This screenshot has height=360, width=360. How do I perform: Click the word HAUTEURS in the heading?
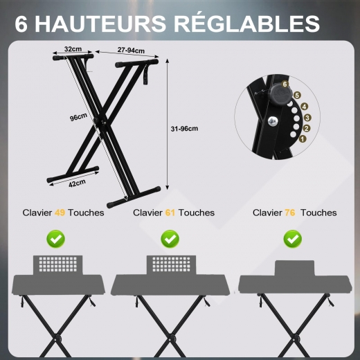coord(100,24)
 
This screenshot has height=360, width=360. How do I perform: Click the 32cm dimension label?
coord(73,49)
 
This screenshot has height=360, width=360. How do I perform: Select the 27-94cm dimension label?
coord(131,50)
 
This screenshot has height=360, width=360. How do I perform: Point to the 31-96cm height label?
coord(184,129)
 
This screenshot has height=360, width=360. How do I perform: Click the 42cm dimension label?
coord(77,183)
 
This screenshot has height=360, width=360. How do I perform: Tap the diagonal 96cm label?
coord(78,117)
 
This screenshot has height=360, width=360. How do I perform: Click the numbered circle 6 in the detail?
coord(285,84)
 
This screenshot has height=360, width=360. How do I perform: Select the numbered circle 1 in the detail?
coord(303,139)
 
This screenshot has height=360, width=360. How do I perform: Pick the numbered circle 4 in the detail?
coord(305,107)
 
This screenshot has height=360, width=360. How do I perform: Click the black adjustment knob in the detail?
coord(279,93)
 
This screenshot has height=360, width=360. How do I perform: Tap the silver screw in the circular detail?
coord(273,121)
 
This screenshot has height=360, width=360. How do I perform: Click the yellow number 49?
coord(60,213)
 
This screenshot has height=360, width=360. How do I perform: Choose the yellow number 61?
coord(170,213)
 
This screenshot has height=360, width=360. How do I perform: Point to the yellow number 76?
coord(290,213)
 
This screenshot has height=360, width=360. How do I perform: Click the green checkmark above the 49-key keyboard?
coord(56,239)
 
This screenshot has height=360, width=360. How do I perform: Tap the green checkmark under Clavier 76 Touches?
coord(293,239)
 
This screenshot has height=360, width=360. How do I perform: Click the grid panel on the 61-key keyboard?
coord(172,264)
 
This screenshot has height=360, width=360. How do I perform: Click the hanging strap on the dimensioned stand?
coord(146,74)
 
